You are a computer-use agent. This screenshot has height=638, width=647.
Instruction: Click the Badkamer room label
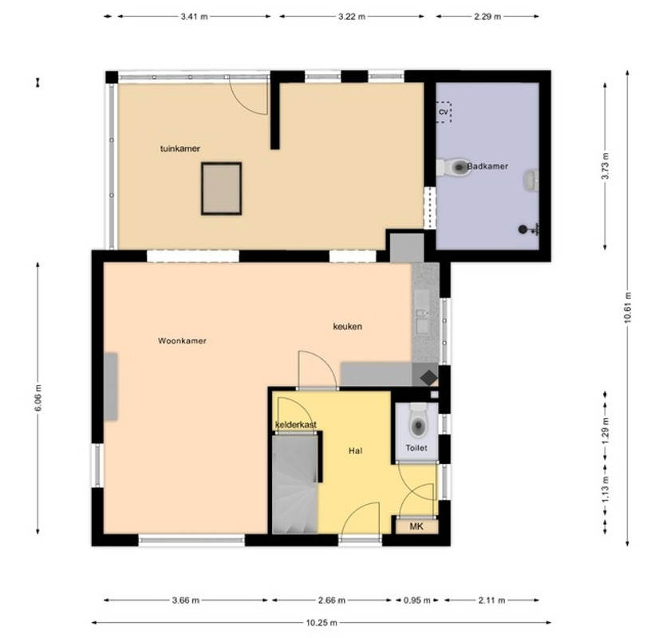pyautogui.click(x=487, y=166)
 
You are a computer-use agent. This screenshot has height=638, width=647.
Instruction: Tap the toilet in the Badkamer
pyautogui.click(x=453, y=167)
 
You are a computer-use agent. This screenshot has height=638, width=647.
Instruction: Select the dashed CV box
pyautogui.click(x=444, y=112)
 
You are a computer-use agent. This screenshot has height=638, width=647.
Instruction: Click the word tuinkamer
pyautogui.click(x=180, y=148)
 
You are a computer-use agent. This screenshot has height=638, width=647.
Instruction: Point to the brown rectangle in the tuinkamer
pyautogui.click(x=222, y=188)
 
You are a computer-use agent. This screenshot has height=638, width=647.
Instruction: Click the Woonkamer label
pyautogui.click(x=182, y=341)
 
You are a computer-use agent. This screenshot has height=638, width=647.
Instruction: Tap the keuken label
pyautogui.click(x=347, y=326)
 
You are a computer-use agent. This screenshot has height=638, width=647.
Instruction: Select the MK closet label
pyautogui.click(x=416, y=526)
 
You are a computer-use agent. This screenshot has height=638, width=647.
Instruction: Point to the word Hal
pyautogui.click(x=355, y=451)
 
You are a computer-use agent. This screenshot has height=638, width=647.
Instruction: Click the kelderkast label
pyautogui.click(x=296, y=424)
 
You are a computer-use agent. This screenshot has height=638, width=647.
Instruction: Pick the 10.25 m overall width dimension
pyautogui.click(x=322, y=622)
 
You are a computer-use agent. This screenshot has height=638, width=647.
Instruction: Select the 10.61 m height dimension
pyautogui.click(x=628, y=307)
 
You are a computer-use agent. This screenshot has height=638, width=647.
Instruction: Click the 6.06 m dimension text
pyautogui.click(x=38, y=398)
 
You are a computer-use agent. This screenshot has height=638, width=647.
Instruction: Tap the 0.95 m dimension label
pyautogui.click(x=416, y=600)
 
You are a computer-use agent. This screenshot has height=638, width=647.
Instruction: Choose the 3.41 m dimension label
pyautogui.click(x=194, y=17)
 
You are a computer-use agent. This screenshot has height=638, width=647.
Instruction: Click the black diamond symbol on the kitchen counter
pyautogui.click(x=429, y=377)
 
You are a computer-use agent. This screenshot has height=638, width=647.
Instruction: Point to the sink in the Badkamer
pyautogui.click(x=531, y=180)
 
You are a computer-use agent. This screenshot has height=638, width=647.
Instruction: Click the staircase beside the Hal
pyautogui.click(x=294, y=484)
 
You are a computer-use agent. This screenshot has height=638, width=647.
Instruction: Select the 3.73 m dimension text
pyautogui.click(x=605, y=166)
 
